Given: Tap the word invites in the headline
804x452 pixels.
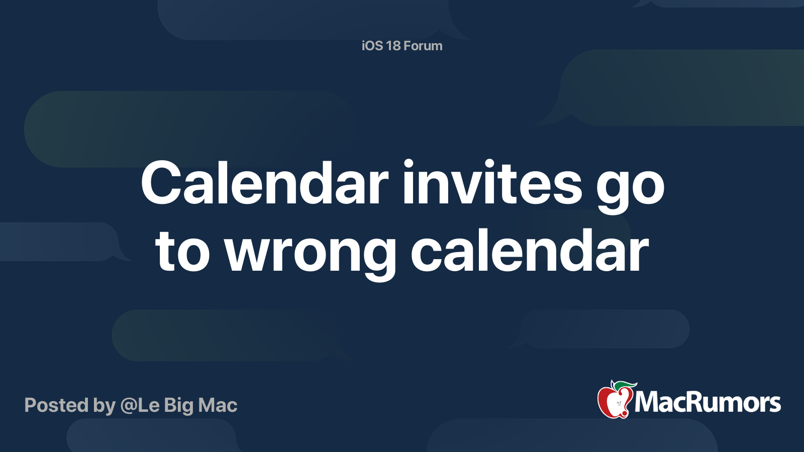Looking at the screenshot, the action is point(492,182).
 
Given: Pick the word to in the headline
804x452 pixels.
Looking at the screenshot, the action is point(182,252).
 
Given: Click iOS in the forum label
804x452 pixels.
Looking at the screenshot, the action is point(372,46).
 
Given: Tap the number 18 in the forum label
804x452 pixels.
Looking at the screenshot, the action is point(393,46).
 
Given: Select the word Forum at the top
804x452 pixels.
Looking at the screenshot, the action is point(423,46).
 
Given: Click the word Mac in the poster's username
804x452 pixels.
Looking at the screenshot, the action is point(218,405).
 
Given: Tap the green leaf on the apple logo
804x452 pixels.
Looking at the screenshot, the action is point(625,386).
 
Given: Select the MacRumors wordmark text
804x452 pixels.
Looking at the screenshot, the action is point(708,402).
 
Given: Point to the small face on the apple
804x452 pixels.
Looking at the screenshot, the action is point(619,404).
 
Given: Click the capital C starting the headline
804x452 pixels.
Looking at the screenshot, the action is point(160,183).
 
